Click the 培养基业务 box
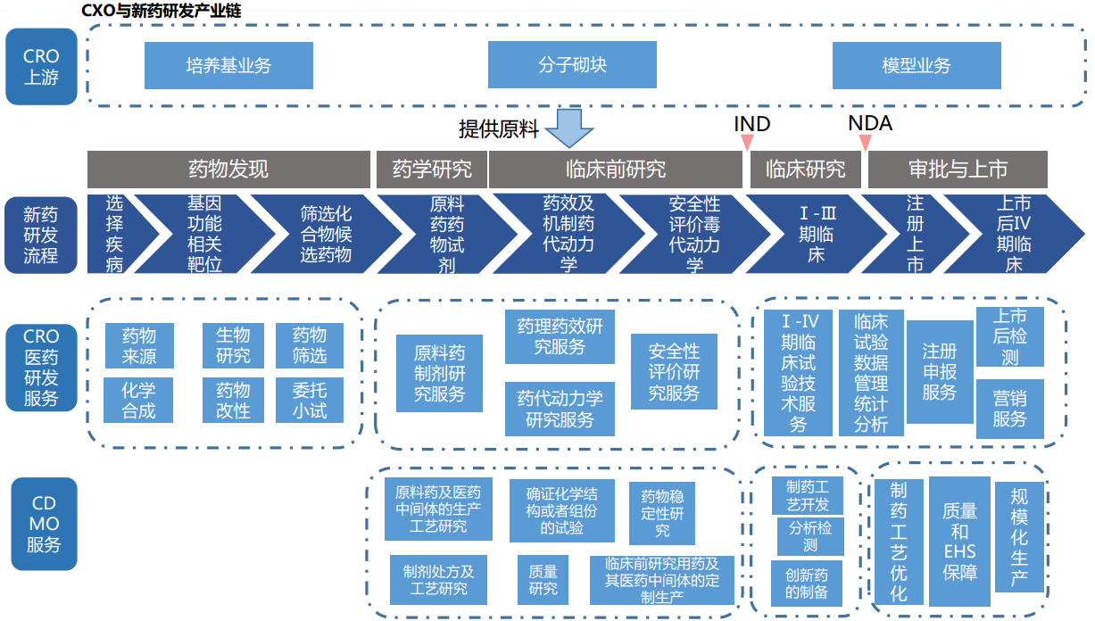228,65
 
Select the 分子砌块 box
572,64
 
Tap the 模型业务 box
917,65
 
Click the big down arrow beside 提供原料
569,128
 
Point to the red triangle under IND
747,142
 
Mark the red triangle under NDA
866,142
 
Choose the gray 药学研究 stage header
432,170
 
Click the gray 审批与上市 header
958,170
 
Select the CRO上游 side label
41,66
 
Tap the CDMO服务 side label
44,524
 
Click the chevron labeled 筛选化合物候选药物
326,234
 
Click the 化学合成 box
138,400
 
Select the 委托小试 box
310,400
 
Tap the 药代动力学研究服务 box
560,409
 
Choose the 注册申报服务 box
940,372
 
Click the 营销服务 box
1010,409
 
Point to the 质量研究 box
543,580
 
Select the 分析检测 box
810,536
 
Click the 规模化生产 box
1019,536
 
